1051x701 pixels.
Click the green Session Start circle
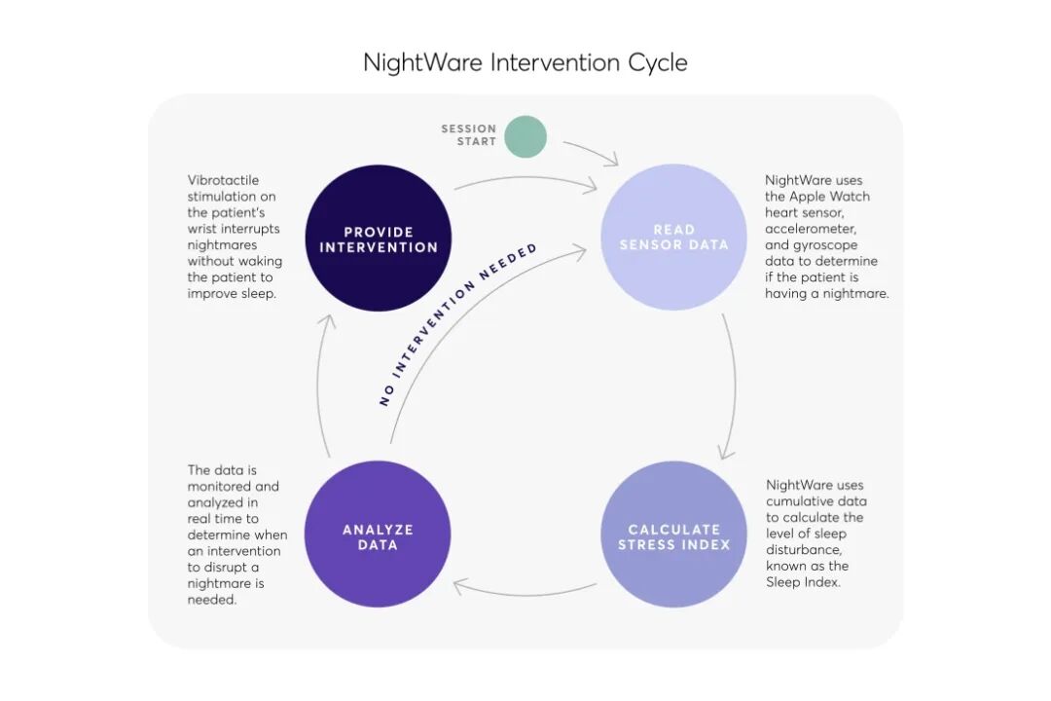pyautogui.click(x=526, y=136)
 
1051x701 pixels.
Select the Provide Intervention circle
pyautogui.click(x=379, y=239)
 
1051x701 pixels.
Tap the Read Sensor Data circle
pyautogui.click(x=673, y=238)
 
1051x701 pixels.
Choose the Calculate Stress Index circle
pyautogui.click(x=673, y=535)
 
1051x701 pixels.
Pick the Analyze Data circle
pyautogui.click(x=378, y=535)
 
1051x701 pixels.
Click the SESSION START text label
pyautogui.click(x=469, y=135)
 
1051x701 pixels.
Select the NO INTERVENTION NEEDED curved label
pyautogui.click(x=457, y=323)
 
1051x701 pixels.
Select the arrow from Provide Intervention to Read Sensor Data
pyautogui.click(x=525, y=179)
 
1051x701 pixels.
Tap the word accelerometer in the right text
pyautogui.click(x=810, y=229)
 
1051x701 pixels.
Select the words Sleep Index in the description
pyautogui.click(x=803, y=582)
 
